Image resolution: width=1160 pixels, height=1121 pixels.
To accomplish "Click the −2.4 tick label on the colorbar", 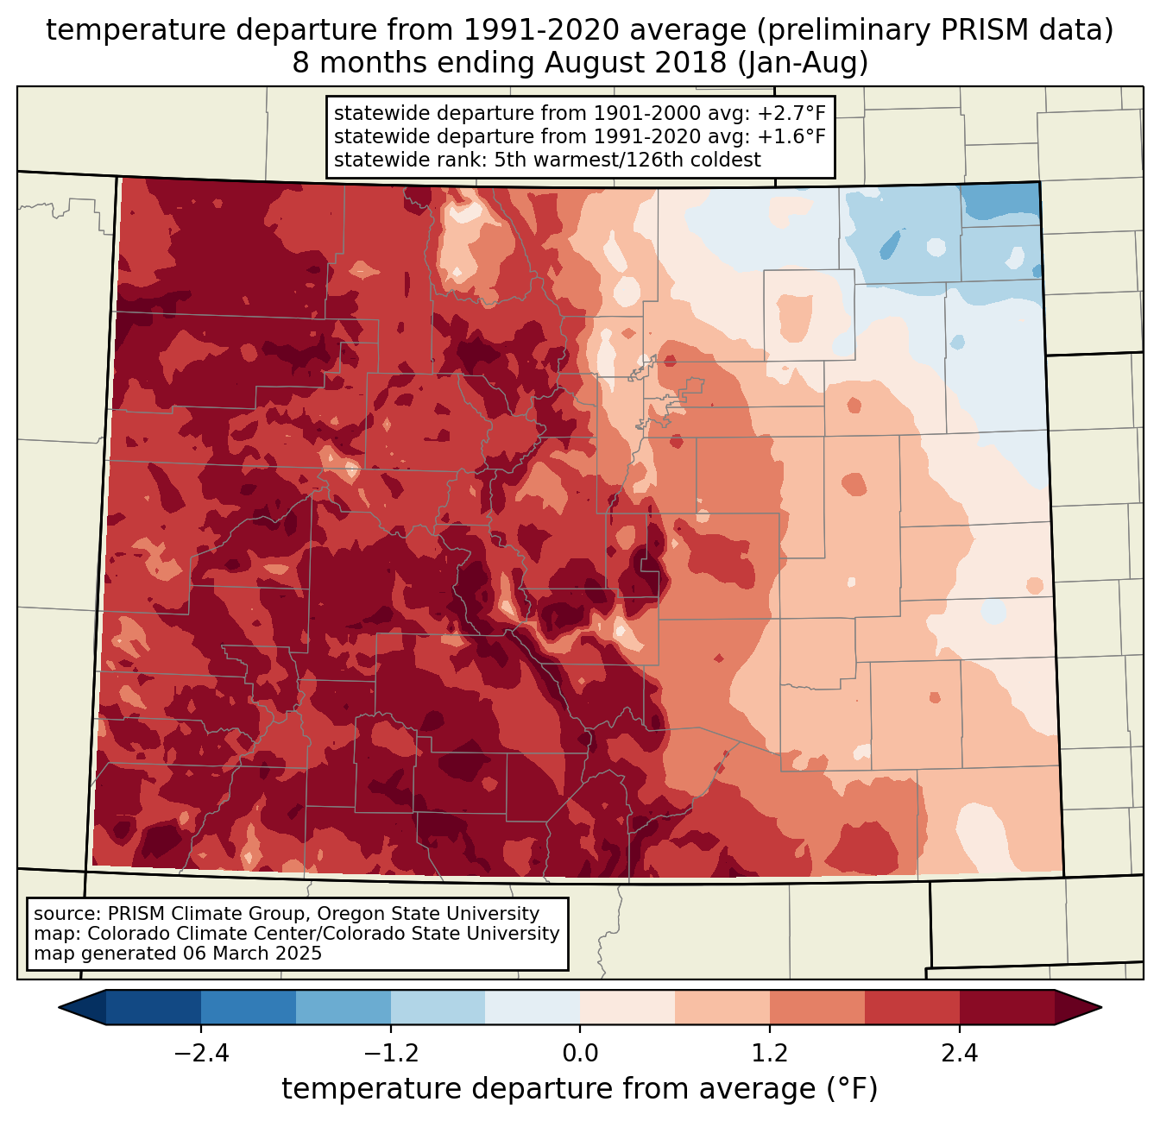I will coord(201,1054).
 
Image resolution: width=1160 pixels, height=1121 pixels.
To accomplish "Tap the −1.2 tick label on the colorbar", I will coord(390,1054).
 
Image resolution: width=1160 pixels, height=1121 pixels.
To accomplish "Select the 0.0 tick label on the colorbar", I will coord(580,1054).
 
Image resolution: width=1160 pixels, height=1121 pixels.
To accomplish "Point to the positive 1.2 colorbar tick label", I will coord(770,1054).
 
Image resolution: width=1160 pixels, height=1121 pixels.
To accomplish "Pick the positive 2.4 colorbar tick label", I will coord(959,1054).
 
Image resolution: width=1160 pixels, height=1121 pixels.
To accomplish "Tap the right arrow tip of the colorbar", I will coord(1099,1007).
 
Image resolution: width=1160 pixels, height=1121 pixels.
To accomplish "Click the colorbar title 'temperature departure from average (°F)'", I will coord(580,1089).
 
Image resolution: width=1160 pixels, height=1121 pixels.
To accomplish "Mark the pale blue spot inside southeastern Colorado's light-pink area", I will coord(993,612).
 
